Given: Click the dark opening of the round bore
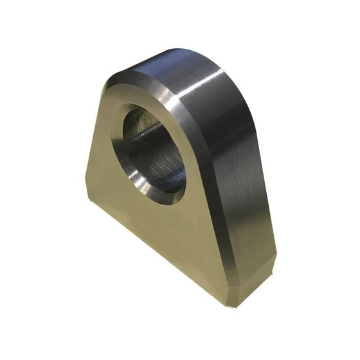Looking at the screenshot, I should pyautogui.click(x=154, y=151).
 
